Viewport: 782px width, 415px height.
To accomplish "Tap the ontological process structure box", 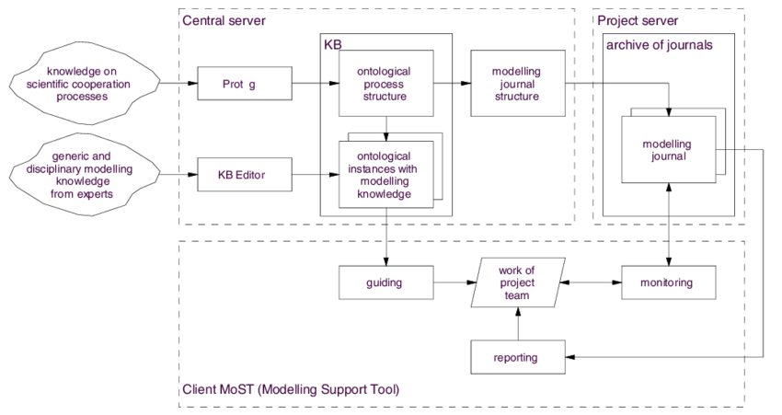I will point(385,84).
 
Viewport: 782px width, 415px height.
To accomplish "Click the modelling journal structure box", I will point(516,84).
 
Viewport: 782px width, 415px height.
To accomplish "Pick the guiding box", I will point(385,282).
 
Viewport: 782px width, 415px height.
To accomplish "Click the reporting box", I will point(516,356).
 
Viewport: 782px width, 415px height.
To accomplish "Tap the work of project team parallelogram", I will point(516,282).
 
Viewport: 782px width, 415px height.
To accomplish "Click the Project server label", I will point(638,20).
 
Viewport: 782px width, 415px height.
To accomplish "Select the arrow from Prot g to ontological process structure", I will point(315,84).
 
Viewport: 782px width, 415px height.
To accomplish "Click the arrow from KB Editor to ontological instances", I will point(315,174).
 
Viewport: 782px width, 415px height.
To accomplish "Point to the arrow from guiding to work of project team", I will point(454,282).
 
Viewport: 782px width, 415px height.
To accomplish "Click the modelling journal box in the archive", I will point(667,151).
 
